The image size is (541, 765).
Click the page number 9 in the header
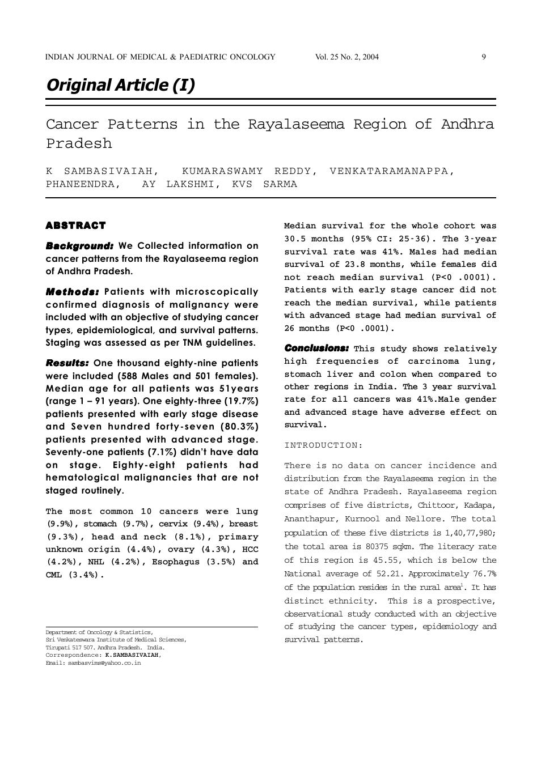click(484, 57)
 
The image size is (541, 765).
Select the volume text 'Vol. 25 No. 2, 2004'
click(346, 57)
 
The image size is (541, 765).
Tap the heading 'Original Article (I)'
click(120, 85)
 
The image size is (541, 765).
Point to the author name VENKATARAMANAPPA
click(391, 171)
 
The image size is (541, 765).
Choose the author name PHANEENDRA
click(83, 184)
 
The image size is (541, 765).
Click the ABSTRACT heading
click(75, 226)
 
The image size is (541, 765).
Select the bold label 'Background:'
click(79, 246)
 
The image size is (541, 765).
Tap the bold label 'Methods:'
click(72, 292)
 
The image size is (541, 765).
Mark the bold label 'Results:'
click(67, 363)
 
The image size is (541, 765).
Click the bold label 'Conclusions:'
click(316, 348)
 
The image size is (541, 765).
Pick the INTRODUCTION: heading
click(323, 445)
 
